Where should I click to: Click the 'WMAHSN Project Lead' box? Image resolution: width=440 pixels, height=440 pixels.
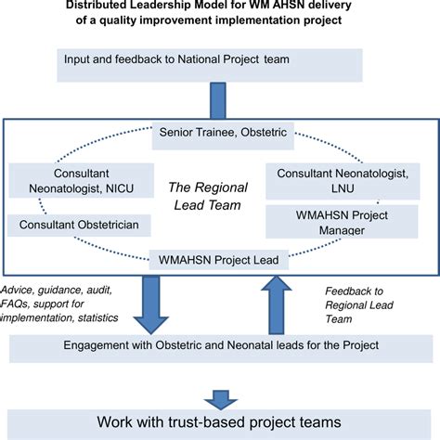(220, 259)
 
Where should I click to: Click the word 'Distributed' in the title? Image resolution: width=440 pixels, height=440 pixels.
(100, 6)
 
